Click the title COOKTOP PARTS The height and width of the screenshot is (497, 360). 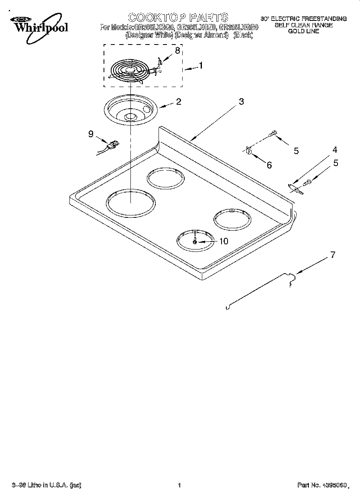(178, 17)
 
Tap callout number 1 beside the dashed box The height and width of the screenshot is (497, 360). (201, 65)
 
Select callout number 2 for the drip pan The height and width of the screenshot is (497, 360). (178, 101)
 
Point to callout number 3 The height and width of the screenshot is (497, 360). (241, 101)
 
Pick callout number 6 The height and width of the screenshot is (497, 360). (269, 165)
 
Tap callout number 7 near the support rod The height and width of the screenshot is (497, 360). (332, 254)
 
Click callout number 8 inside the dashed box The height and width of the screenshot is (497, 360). (177, 50)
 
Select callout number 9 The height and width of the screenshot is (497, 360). (91, 134)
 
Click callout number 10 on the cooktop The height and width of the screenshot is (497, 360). (223, 241)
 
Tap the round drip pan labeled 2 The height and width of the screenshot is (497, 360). (130, 111)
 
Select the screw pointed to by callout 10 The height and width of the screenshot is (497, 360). (195, 242)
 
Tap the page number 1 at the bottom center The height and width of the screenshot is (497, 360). (179, 485)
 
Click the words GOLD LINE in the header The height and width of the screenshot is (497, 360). (303, 31)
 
